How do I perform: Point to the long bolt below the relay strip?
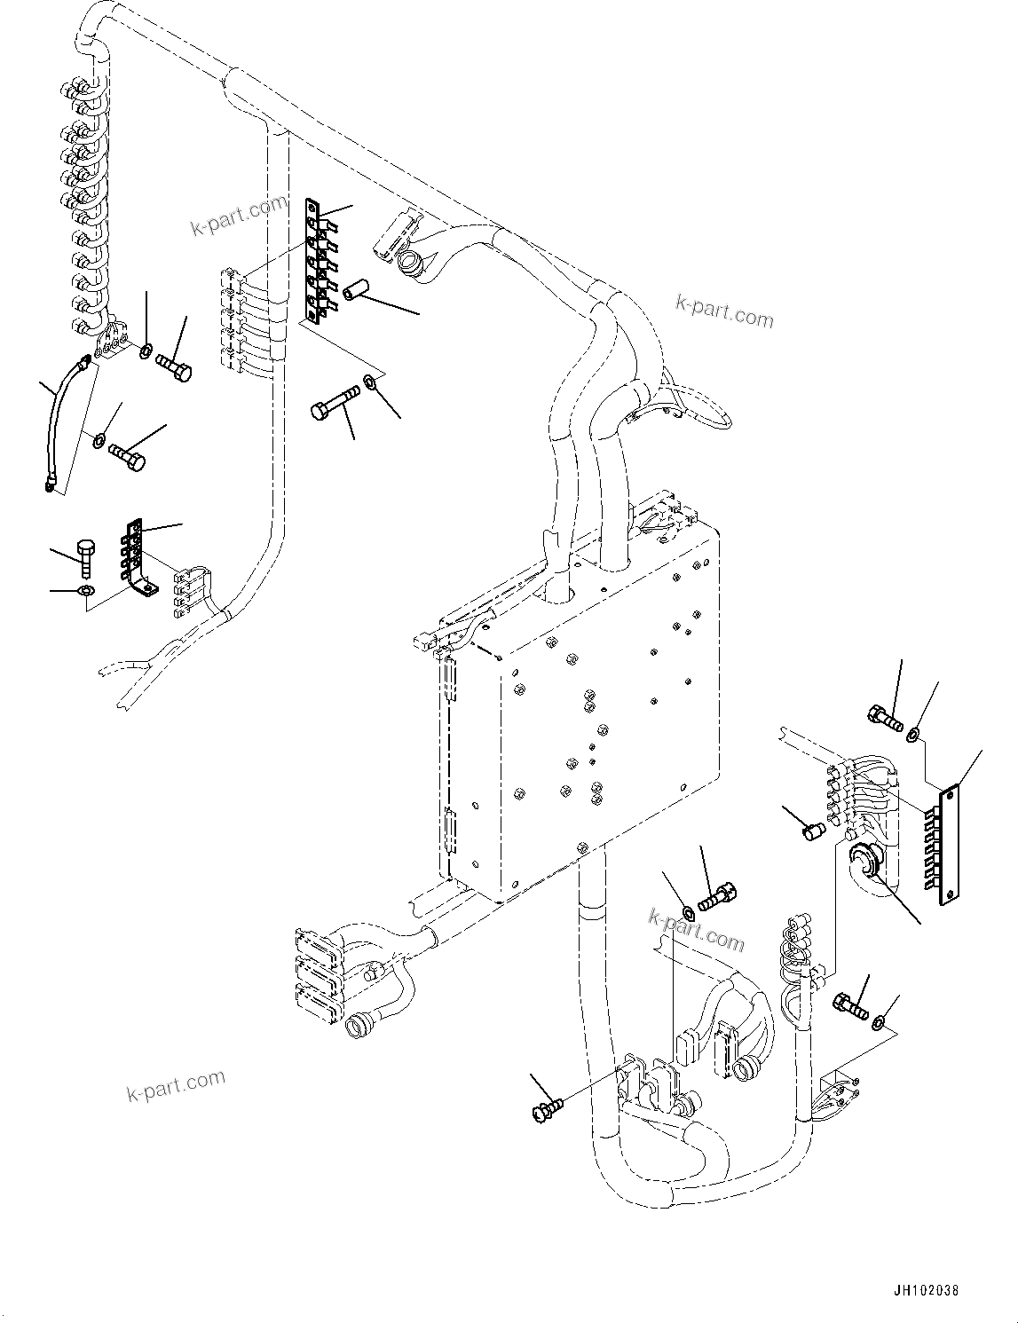334,404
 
